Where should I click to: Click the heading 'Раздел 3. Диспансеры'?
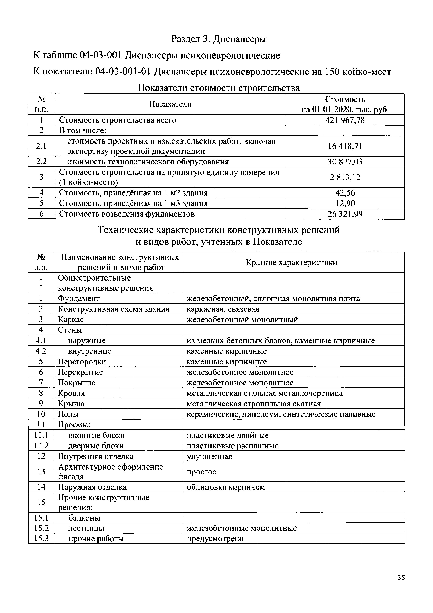219,39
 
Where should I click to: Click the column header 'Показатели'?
170,104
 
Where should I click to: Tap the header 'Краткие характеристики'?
291,262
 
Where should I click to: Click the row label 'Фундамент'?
79,299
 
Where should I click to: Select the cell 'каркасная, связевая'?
223,309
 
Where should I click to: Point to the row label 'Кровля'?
71,393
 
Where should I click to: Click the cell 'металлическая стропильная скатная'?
253,403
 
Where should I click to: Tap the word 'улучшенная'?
209,456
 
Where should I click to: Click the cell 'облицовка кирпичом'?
226,487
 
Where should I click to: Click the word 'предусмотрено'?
215,539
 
